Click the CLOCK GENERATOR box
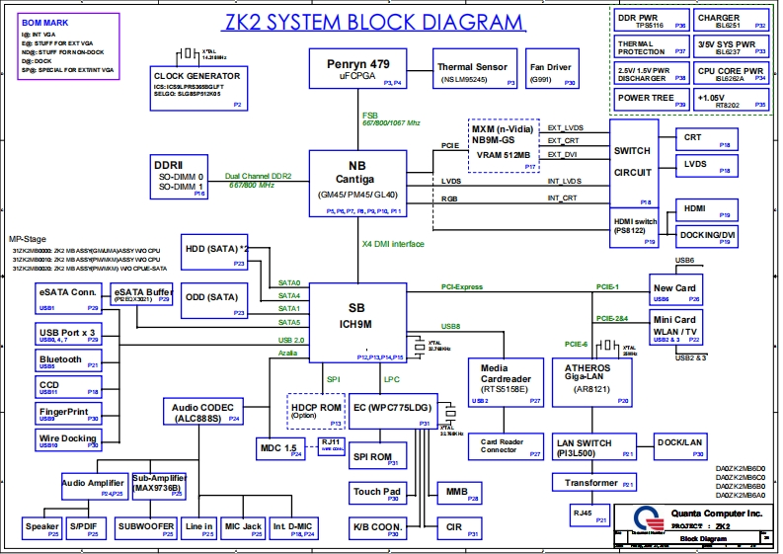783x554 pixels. (197, 88)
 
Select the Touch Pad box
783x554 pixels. (377, 492)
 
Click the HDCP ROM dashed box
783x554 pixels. (315, 411)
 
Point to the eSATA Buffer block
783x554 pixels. (143, 296)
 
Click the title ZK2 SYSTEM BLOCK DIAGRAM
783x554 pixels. (361, 23)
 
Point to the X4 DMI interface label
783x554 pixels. (392, 243)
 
